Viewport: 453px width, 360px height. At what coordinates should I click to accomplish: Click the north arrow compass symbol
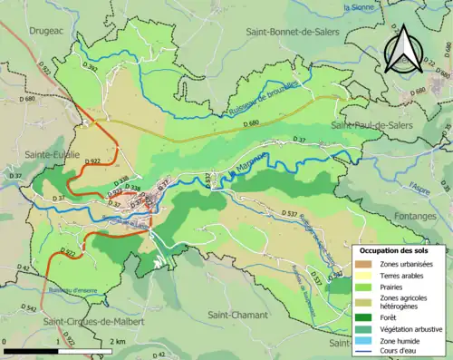pos(402,49)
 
